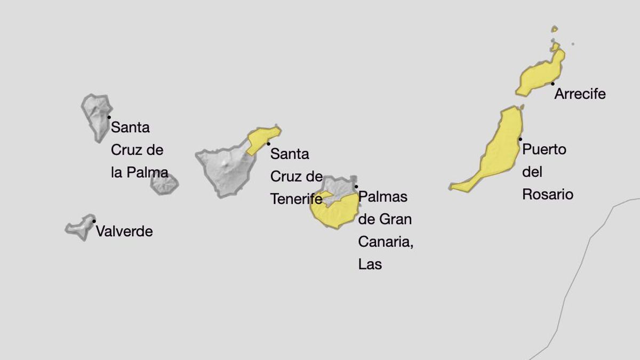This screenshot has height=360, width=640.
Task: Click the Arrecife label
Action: tap(580, 94)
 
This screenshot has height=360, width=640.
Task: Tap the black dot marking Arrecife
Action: tap(553, 84)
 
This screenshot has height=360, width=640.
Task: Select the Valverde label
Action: tap(124, 231)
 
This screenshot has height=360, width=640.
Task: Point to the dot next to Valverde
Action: tap(94, 221)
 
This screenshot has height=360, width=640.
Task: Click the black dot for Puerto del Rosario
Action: tap(521, 139)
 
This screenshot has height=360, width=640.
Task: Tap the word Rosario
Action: tap(548, 194)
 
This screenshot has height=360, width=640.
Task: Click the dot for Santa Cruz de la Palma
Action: tap(109, 117)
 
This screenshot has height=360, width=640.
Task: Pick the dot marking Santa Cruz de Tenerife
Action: tap(268, 143)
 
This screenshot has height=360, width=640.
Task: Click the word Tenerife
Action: tap(296, 199)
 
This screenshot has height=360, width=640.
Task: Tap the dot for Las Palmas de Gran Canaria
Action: tap(356, 187)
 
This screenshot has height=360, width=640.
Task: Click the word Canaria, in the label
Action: tap(386, 242)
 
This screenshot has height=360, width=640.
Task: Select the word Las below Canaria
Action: tap(370, 264)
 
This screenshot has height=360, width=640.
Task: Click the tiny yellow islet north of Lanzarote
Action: tap(555, 29)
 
